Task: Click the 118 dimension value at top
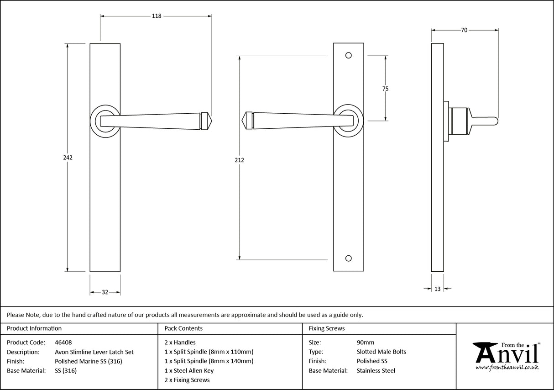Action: click(x=156, y=16)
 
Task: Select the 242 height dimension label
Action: click(x=68, y=157)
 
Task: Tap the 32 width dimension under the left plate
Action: click(x=105, y=292)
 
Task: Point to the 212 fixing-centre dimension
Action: click(x=239, y=160)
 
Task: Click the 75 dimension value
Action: click(x=386, y=89)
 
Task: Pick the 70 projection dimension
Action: click(x=464, y=30)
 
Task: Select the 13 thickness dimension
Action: click(x=438, y=289)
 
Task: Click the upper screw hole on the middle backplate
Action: click(x=349, y=56)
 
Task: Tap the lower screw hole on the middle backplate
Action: click(x=349, y=258)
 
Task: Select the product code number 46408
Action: click(x=63, y=342)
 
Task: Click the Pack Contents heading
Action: click(x=183, y=328)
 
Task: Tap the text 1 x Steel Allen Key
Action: click(x=189, y=370)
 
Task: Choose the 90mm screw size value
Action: click(x=365, y=342)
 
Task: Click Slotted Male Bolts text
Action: click(x=381, y=352)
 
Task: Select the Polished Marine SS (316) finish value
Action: click(x=88, y=361)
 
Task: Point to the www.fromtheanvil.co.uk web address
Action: click(x=507, y=367)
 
